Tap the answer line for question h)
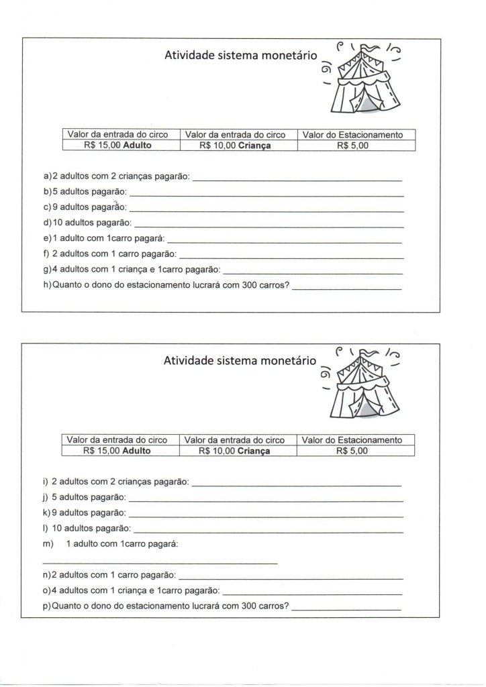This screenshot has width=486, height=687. [x=347, y=289]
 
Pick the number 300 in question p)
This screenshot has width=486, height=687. [x=240, y=605]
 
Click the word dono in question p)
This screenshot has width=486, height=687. [x=101, y=605]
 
